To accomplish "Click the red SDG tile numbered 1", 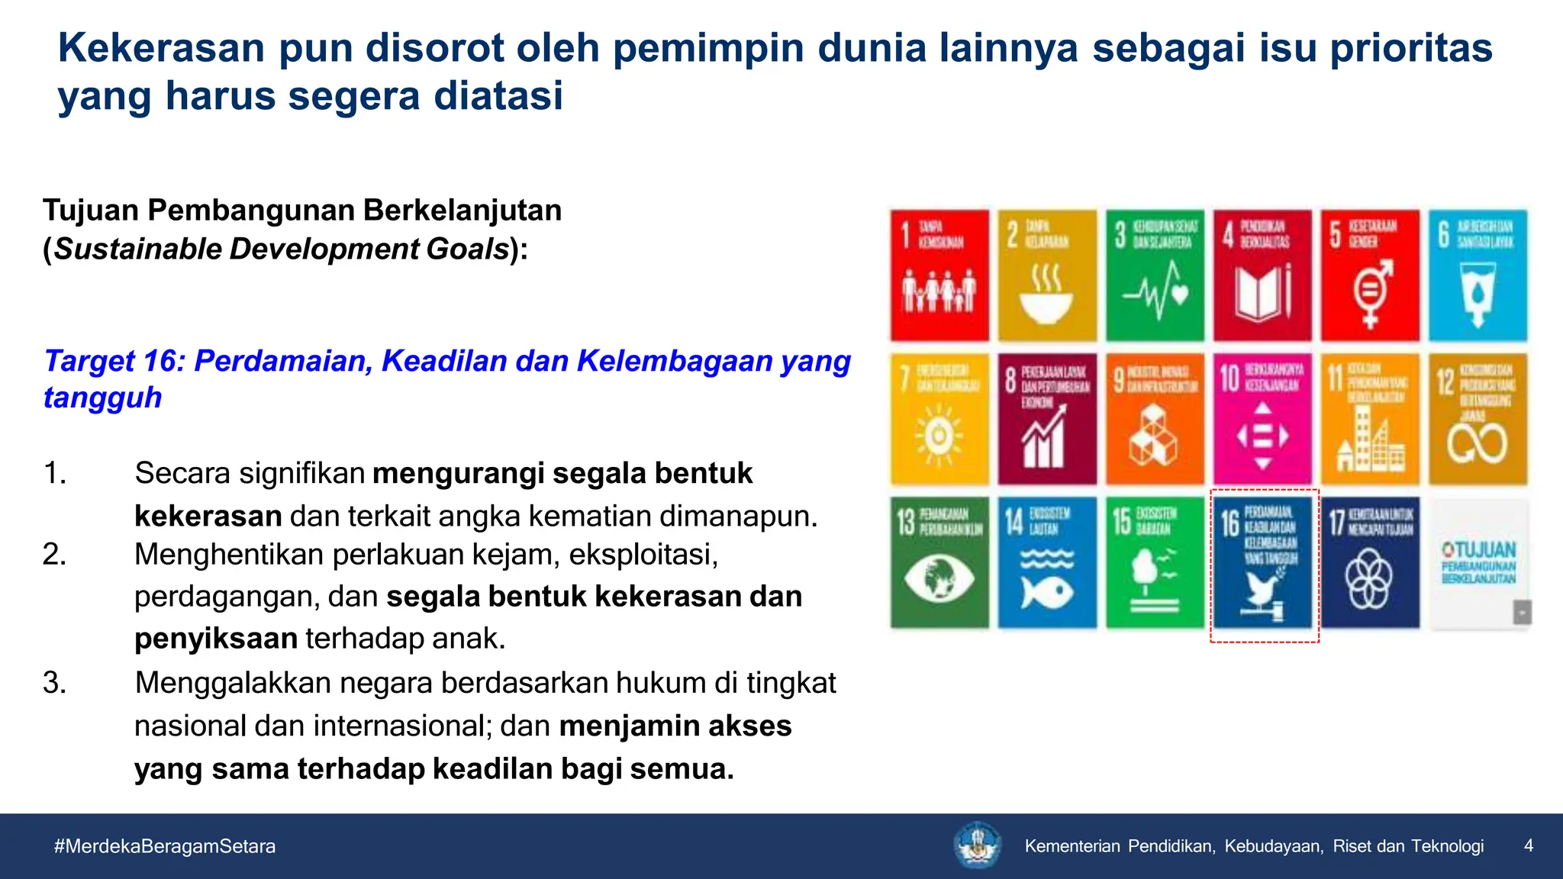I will (939, 275).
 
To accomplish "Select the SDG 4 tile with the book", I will (1262, 275).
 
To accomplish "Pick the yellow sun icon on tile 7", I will (938, 436).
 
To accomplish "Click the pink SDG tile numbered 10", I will (1262, 418).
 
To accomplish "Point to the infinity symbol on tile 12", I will (1478, 443).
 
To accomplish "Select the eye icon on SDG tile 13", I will (939, 578).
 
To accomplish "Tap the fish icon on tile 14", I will (1047, 591).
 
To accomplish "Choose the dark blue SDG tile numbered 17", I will (1371, 563).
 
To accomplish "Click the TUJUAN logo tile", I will (1478, 563).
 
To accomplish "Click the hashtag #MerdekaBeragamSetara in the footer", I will (165, 846).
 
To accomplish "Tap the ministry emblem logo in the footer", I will (978, 845).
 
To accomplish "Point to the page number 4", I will (1528, 845).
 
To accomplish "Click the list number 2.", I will (54, 555).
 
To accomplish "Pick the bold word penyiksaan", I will (216, 638).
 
